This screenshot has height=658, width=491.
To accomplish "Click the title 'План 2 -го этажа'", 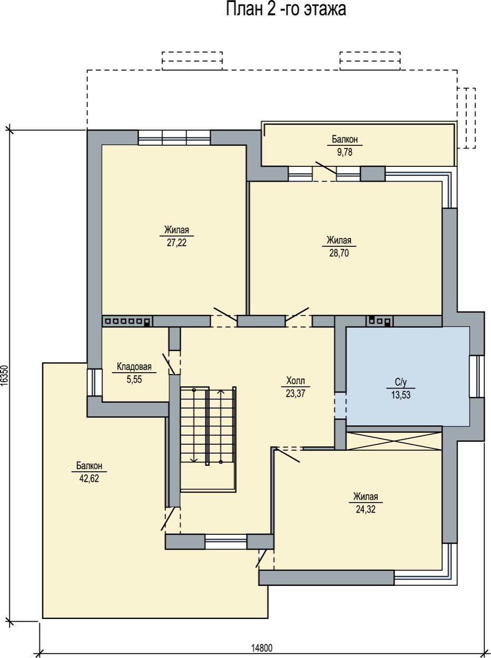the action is pos(286,9).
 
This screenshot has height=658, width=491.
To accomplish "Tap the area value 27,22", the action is pos(176,243).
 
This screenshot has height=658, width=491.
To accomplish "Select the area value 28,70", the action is pos(339,253).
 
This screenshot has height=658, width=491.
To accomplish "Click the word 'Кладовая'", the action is pos(134,366).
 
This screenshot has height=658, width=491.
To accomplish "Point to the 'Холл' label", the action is pos(296,381).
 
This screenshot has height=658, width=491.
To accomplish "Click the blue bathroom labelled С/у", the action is pos(408,376).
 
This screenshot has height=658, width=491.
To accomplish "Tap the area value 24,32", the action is pos(366,510).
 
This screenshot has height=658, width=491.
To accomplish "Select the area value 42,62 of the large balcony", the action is pos(89,478).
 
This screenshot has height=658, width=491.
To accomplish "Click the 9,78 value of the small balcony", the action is pos(345,152).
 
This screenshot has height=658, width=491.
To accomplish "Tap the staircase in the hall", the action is pos(208,440).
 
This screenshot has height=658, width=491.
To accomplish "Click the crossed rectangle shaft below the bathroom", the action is pos(394,441).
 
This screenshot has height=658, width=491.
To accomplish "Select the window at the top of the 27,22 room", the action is pos(174,137).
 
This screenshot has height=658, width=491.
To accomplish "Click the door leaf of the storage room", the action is pos(169,364).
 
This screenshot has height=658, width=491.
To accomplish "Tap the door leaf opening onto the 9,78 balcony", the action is pos(326,168).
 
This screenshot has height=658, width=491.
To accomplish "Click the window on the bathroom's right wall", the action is pos(477,376).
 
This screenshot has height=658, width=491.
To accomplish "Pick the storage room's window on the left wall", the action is pos(94,382).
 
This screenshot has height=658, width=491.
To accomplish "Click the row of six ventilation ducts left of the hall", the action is pos(127,321).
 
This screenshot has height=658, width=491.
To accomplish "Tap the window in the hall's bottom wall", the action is pos(226,541).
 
